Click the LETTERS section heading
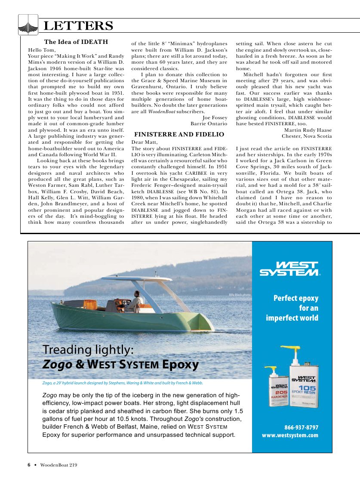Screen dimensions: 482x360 click(78, 26)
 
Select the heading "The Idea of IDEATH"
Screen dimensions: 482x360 click(76, 42)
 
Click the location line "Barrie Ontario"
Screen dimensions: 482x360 click(209, 124)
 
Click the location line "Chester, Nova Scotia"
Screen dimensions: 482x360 click(307, 136)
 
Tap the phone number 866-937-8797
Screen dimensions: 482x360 click(301, 427)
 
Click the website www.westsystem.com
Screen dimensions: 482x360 click(290, 435)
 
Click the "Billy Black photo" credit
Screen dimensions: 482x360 click(240, 295)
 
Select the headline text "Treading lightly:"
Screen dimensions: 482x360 click(89, 349)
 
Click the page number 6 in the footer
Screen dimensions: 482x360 click(29, 465)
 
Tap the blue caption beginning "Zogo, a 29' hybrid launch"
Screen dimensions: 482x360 click(123, 383)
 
